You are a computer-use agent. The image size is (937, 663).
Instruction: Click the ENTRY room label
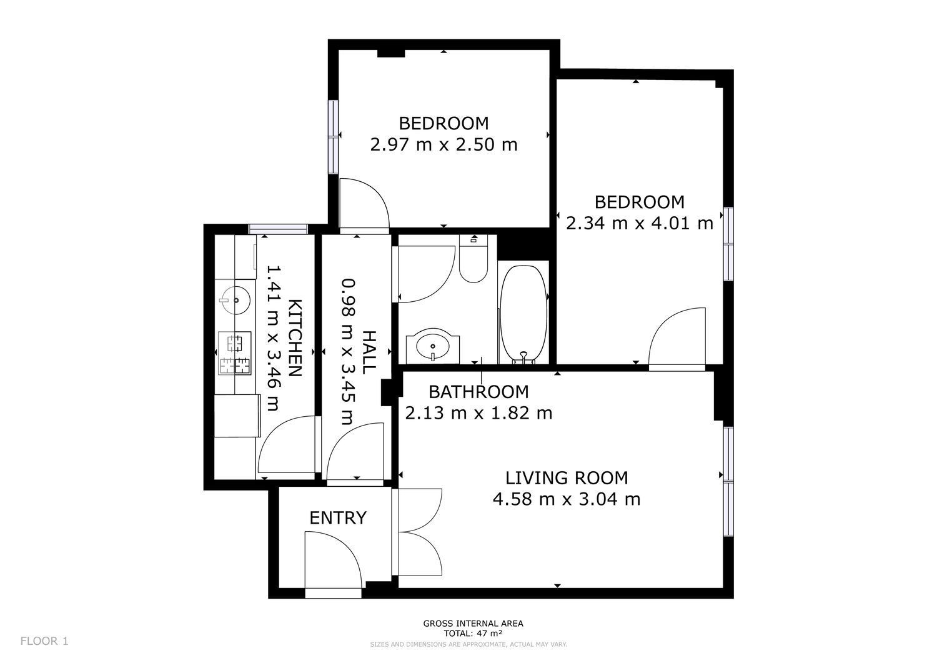338,518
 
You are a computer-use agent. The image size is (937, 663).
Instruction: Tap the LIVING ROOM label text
567,478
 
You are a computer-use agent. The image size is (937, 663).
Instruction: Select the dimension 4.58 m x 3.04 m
567,499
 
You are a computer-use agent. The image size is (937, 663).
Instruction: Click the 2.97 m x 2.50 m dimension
444,145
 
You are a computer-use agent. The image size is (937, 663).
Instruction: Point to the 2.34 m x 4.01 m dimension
640,224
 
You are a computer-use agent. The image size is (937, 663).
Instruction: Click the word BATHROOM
478,392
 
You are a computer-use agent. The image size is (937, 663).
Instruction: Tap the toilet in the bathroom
473,258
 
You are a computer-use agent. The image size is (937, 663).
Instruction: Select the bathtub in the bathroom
523,314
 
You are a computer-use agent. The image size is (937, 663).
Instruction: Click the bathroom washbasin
433,346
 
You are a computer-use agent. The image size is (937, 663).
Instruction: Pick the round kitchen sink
235,300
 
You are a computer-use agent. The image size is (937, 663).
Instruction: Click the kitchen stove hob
235,352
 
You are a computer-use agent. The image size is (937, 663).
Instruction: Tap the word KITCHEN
295,338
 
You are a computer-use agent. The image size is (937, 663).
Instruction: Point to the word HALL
369,352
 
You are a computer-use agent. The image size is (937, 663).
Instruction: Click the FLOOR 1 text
44,641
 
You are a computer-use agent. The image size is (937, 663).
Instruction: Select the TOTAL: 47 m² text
473,634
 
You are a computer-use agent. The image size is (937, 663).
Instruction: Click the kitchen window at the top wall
278,229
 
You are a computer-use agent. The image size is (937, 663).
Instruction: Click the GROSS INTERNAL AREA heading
473,624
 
